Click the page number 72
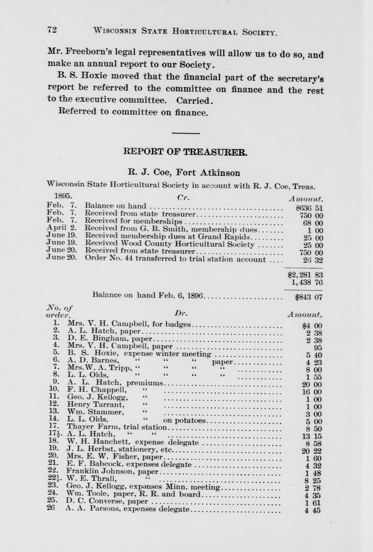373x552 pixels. point(52,29)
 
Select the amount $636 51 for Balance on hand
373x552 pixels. point(308,208)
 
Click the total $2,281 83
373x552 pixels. point(305,275)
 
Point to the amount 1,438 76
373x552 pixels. point(307,283)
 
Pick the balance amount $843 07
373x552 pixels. point(308,297)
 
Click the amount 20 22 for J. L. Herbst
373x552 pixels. point(311,451)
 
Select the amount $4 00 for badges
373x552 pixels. point(312,326)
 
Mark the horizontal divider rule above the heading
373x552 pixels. point(185,133)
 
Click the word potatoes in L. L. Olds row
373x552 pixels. point(191,420)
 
